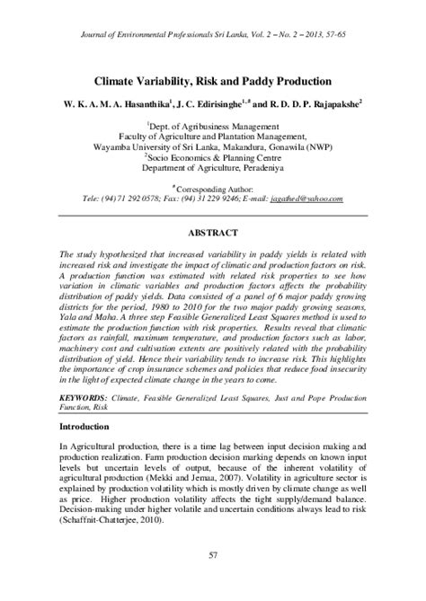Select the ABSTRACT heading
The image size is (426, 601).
pyautogui.click(x=213, y=230)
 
